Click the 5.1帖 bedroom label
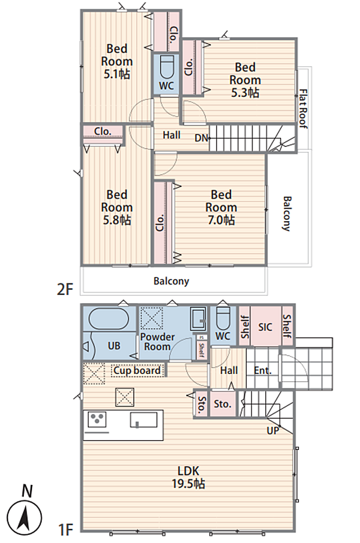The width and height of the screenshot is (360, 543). click(117, 62)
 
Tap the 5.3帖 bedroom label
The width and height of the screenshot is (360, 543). click(245, 80)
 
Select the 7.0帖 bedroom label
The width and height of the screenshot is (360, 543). click(221, 207)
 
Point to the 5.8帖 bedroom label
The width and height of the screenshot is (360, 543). click(117, 207)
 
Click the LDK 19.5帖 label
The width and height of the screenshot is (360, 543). click(188, 477)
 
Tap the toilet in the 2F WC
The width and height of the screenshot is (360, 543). click(166, 67)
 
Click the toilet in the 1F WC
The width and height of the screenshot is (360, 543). click(222, 318)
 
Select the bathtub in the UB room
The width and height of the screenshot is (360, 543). click(109, 318)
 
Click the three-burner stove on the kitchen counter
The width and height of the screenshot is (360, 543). click(97, 420)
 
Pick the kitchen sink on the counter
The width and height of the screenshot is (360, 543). click(143, 420)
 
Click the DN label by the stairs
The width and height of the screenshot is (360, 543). click(201, 138)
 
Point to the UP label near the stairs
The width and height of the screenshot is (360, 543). click(273, 430)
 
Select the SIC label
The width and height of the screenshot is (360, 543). click(265, 327)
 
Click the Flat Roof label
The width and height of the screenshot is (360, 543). click(303, 109)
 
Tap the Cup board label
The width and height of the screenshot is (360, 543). click(137, 371)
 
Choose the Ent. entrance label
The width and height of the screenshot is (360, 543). click(262, 371)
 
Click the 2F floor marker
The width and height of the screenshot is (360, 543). click(66, 289)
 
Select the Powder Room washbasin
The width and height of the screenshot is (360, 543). click(199, 319)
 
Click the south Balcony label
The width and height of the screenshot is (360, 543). click(171, 281)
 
